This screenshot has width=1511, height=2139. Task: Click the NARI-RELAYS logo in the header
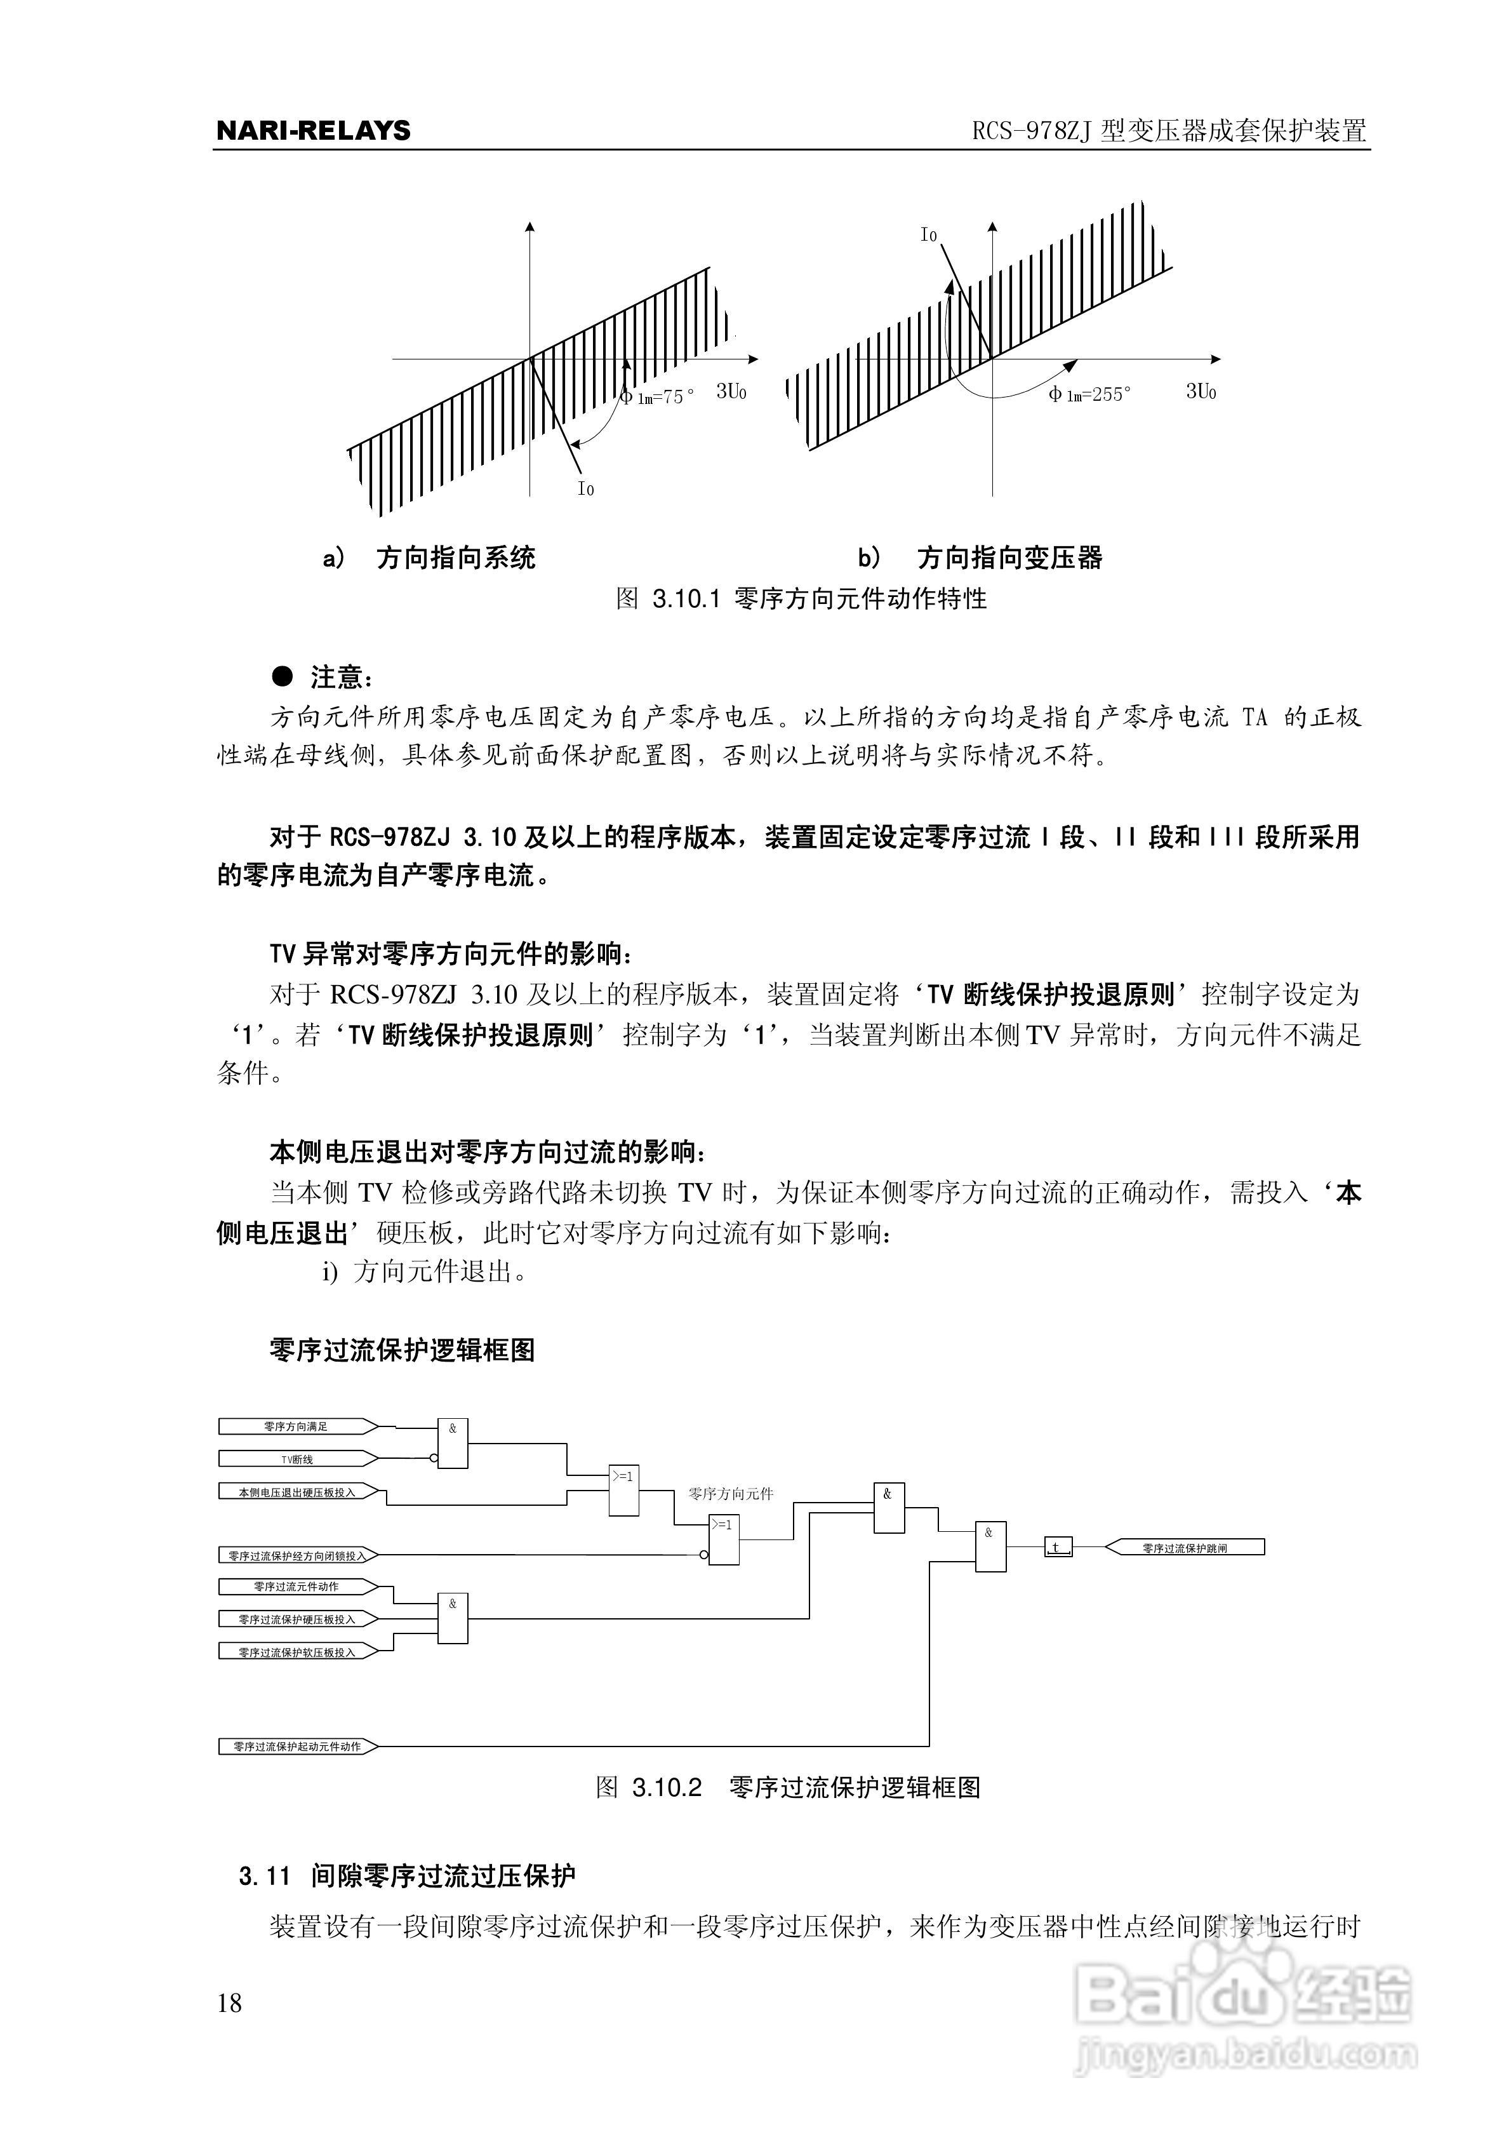[313, 130]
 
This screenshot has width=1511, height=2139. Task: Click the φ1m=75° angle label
[658, 398]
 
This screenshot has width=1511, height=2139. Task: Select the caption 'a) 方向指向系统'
[429, 558]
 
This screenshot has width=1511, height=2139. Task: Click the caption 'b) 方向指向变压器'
[980, 558]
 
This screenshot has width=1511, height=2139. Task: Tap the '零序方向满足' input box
[296, 1426]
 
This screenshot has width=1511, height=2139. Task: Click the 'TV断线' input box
[296, 1459]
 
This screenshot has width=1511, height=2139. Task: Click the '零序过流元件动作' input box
[296, 1586]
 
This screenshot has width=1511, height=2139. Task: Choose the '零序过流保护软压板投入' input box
[296, 1652]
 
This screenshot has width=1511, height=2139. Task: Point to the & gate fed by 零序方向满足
[453, 1443]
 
